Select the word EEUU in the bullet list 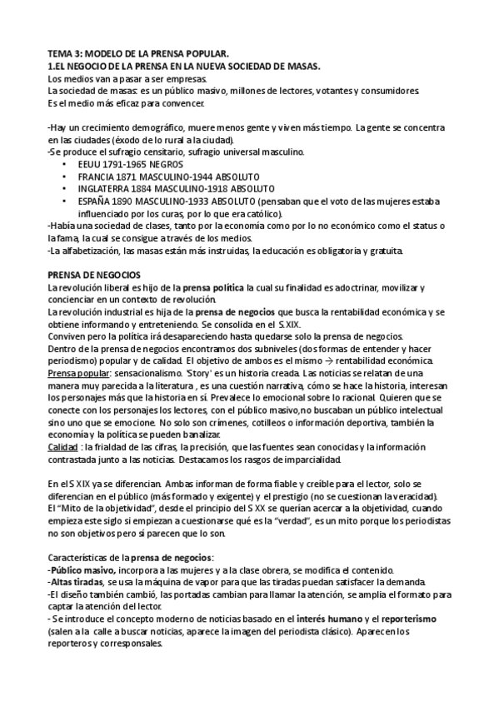(88, 165)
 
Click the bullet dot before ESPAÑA (66, 201)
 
